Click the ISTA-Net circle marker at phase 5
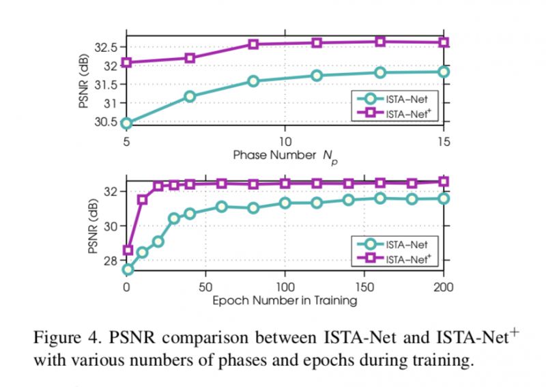(126, 124)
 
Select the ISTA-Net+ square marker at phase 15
(444, 42)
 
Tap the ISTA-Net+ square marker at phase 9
(253, 44)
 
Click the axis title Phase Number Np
(285, 155)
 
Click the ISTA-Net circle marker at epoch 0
(126, 270)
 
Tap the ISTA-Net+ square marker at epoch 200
(444, 182)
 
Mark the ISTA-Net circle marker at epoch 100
(285, 203)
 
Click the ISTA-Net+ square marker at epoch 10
(143, 200)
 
